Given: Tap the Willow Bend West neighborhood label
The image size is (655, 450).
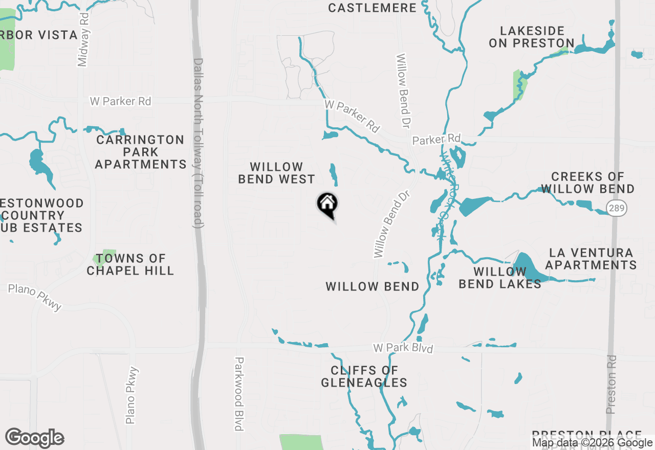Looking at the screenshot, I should pos(277,173).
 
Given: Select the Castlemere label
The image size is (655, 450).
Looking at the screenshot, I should pos(372,8).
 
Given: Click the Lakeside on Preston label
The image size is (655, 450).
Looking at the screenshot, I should pos(532,37).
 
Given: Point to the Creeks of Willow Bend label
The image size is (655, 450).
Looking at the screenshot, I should pos(587,183).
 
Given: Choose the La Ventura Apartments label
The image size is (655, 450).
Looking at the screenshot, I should pos(591,259).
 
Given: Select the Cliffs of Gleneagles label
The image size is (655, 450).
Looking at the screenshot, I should pos(364,376).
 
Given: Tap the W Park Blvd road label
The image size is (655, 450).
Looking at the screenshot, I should pos(403,349).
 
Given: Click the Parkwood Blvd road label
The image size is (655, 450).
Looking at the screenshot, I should pos(238,393).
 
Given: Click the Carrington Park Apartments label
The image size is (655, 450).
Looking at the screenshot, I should pos(140,152).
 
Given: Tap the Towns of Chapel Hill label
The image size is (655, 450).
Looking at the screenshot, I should pos(130,264).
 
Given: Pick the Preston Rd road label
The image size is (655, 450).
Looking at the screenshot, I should pos(611,384).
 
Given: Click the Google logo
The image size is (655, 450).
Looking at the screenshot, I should pos(34,438).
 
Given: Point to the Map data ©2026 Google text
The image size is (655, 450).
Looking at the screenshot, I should pos(592,443).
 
